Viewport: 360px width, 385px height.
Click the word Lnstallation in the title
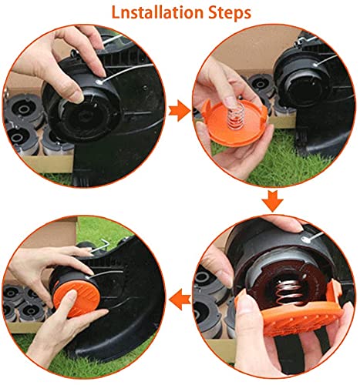coord(147,15)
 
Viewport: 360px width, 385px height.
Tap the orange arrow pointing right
coord(179,112)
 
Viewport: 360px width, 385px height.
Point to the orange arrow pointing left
coord(179,296)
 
